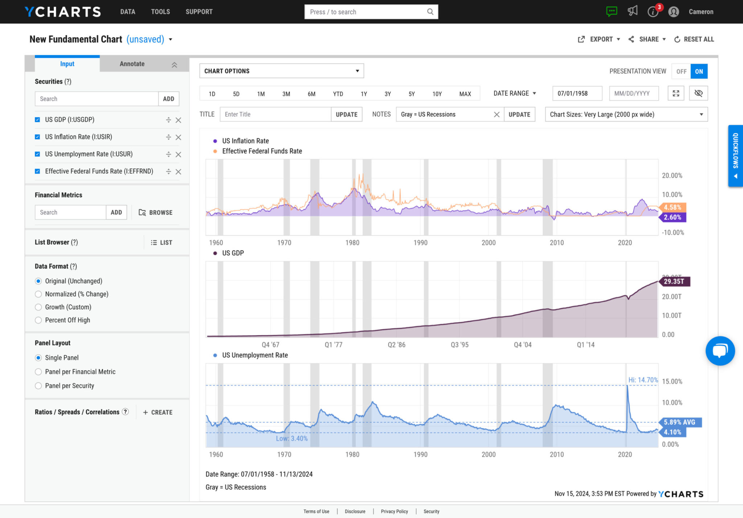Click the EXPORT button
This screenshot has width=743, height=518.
(x=599, y=39)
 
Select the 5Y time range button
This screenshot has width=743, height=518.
(x=411, y=94)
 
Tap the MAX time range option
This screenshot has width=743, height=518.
(x=465, y=94)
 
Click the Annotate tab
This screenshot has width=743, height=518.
(x=132, y=64)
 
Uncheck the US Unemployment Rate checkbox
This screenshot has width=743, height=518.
(x=37, y=154)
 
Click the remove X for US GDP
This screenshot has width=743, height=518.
(x=178, y=120)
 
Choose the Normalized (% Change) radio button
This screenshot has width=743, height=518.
(x=38, y=294)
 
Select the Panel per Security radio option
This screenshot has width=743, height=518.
(x=38, y=386)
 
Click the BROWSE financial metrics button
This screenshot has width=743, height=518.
(x=156, y=213)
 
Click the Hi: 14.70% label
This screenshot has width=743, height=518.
(x=643, y=380)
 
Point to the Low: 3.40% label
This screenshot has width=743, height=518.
(x=291, y=439)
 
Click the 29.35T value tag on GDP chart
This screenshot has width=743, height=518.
(x=674, y=281)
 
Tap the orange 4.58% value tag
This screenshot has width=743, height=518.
(x=672, y=207)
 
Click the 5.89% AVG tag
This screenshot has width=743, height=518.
(x=679, y=422)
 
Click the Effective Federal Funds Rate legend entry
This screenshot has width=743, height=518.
(x=262, y=151)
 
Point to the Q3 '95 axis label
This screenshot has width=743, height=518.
(x=459, y=345)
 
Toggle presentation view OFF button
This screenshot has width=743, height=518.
(x=681, y=71)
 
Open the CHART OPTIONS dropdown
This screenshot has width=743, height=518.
(x=282, y=71)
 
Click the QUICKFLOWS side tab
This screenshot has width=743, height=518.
(x=735, y=156)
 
